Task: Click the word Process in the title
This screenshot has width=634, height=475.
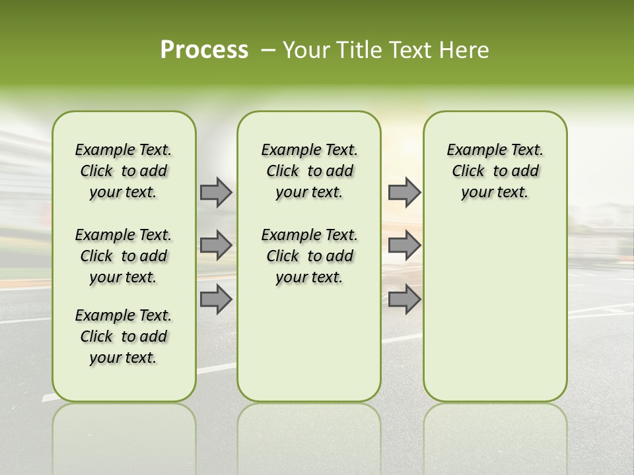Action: click(x=204, y=50)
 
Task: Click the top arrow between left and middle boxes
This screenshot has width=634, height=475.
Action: click(x=216, y=192)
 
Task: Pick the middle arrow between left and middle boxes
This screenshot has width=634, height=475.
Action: click(x=216, y=245)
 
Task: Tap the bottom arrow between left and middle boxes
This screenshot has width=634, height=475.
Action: click(x=216, y=299)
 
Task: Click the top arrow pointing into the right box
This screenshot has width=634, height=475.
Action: click(x=404, y=192)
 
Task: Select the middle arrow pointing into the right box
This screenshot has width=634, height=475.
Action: click(x=404, y=245)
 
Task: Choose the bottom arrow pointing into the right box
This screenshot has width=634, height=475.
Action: click(x=404, y=299)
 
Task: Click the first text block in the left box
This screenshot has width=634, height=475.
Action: click(x=123, y=171)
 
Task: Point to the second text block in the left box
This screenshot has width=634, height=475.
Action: click(x=123, y=256)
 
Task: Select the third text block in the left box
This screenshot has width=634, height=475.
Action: click(x=123, y=336)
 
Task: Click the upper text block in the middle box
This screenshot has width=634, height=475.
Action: click(x=309, y=171)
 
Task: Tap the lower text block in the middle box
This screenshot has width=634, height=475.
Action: click(x=309, y=256)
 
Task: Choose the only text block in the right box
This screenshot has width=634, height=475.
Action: click(x=495, y=171)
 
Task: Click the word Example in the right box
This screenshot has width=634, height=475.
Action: click(x=472, y=150)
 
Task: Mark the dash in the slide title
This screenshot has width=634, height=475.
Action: click(x=268, y=50)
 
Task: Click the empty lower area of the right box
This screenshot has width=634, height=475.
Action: click(x=495, y=310)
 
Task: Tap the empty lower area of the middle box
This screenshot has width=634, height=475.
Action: click(x=309, y=343)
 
